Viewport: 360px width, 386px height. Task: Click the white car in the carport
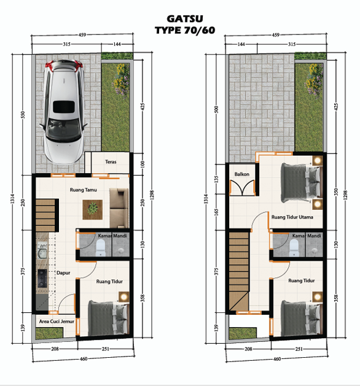coord(63,112)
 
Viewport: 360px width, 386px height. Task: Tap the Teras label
coord(111,162)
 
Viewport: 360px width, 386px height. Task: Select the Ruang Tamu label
coord(84,190)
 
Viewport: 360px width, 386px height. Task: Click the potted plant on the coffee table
coord(93,209)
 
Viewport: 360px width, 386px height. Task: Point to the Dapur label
coord(63,272)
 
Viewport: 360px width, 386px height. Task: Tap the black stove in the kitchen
coord(42,279)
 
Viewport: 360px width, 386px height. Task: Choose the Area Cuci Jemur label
coord(57,321)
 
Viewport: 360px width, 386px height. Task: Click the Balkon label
coord(241,174)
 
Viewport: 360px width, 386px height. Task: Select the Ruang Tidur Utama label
coord(292,217)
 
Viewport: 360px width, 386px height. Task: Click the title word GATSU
coord(185,19)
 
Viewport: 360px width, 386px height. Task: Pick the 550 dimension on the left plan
coord(23,115)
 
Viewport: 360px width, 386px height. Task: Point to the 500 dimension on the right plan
coord(216,109)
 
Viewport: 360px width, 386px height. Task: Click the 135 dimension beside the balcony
coord(216,179)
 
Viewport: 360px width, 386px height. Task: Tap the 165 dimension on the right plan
coord(216,212)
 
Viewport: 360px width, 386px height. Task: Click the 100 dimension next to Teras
coord(143,164)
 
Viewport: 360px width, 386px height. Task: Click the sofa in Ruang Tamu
coord(119,208)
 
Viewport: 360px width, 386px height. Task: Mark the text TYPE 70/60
coord(185,30)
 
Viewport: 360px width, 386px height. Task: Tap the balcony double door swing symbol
coord(242,188)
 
